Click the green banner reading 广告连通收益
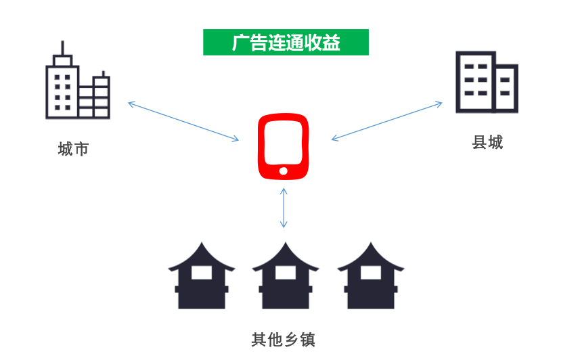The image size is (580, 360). (x=286, y=42)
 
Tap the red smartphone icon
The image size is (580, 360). (x=284, y=147)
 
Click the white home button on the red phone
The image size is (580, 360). (x=284, y=171)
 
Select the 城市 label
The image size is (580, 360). (x=73, y=149)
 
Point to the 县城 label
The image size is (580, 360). (x=487, y=143)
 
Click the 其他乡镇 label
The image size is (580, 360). (x=284, y=340)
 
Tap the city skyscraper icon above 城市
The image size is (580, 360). (x=78, y=80)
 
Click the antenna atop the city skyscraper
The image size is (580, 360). (x=62, y=48)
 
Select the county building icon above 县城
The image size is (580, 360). (x=487, y=82)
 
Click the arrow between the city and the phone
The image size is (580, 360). (x=183, y=121)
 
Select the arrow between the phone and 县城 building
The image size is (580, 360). (x=387, y=121)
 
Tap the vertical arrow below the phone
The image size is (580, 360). (x=284, y=208)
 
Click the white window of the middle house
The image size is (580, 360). (x=285, y=273)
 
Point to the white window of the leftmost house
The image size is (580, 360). (x=202, y=273)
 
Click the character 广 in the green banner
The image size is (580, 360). (x=240, y=43)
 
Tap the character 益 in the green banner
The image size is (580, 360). (x=331, y=43)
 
